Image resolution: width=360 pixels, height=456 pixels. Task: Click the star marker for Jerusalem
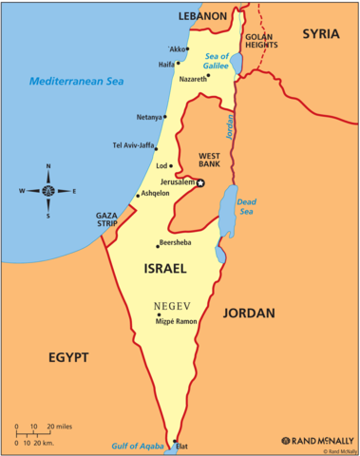199,182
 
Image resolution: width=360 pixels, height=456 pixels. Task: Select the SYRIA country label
320,34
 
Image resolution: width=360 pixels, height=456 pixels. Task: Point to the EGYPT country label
67,357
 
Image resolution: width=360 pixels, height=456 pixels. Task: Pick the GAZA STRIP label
105,219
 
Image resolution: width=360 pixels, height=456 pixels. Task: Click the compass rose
47,190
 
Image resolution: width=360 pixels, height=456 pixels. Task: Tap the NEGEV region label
172,305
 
